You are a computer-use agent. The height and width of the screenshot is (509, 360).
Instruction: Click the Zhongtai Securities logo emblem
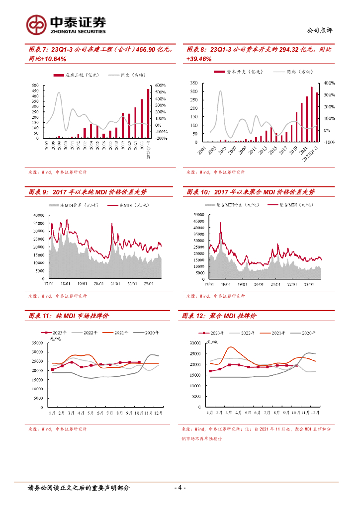tap(36, 23)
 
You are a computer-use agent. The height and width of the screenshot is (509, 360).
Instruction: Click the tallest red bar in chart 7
tap(148, 113)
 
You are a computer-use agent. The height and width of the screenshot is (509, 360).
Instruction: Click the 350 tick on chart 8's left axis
tap(194, 83)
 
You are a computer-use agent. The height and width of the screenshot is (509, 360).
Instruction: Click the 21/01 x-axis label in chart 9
tap(115, 283)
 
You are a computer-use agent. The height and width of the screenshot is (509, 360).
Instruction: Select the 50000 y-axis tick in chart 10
tap(198, 214)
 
